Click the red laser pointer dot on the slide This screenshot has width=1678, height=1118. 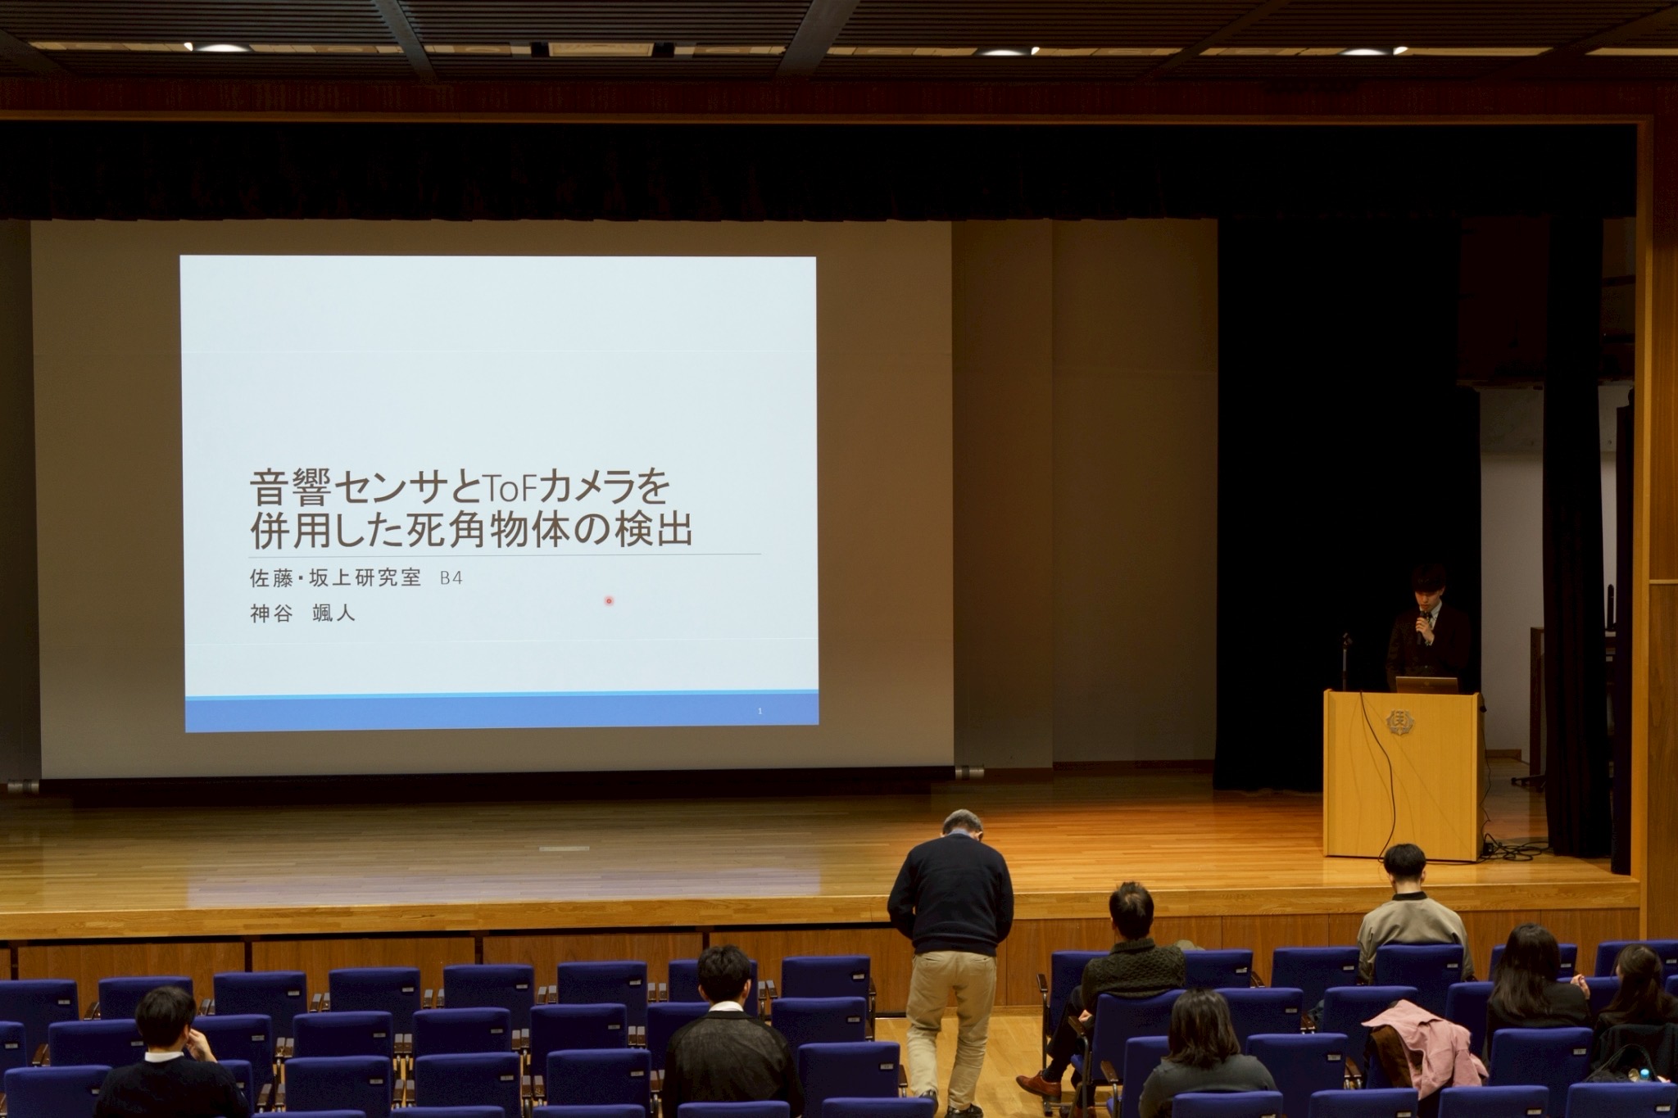(x=609, y=601)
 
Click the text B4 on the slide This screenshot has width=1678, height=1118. (x=451, y=577)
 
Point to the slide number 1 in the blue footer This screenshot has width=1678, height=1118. (x=760, y=712)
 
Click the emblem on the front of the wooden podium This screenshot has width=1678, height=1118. (x=1400, y=721)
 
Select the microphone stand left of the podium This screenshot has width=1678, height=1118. (x=1346, y=663)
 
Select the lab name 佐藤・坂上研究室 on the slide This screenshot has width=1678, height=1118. (x=335, y=577)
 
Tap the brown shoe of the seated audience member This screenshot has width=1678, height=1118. (x=1039, y=1084)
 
